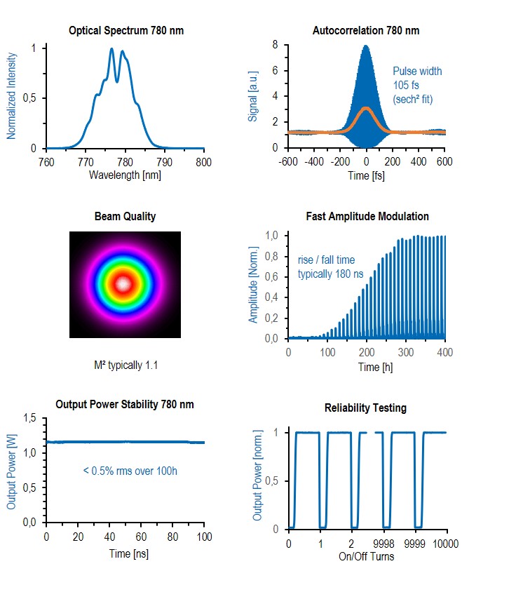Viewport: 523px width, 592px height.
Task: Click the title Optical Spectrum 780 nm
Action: click(x=126, y=30)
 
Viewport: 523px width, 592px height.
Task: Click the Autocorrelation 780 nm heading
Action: click(x=365, y=30)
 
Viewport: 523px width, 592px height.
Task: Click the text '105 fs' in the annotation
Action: click(x=405, y=86)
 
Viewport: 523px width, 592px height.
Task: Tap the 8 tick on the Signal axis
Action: click(x=276, y=45)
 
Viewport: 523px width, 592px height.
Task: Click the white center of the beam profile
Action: click(x=124, y=284)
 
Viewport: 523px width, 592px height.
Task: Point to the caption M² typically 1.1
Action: click(x=125, y=364)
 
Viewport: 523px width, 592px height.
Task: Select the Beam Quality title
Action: click(x=125, y=216)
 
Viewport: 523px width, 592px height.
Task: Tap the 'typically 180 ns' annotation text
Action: click(x=331, y=274)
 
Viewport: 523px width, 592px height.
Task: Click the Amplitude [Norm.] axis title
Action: click(x=254, y=287)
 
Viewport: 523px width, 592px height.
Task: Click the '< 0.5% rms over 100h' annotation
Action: click(x=130, y=471)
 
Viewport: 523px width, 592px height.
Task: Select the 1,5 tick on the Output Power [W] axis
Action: click(x=29, y=419)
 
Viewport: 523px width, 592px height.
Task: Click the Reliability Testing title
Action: click(x=365, y=408)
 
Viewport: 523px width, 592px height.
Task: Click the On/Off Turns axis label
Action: click(x=367, y=556)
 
